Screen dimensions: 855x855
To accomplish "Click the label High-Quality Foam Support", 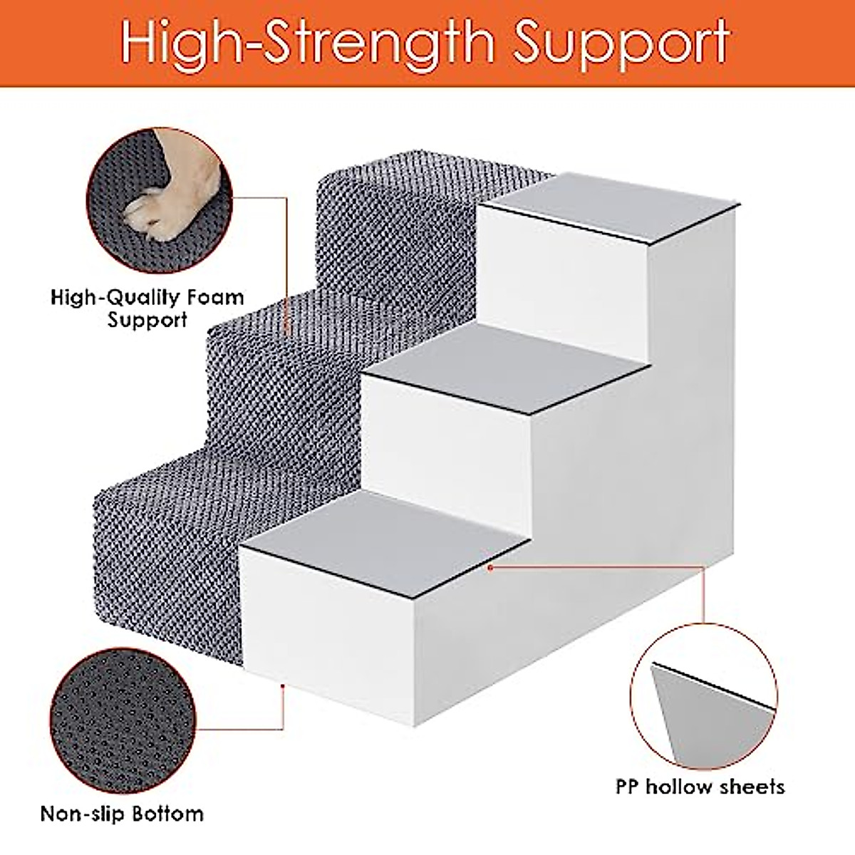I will click(147, 308).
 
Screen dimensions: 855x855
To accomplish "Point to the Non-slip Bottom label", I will click(122, 814).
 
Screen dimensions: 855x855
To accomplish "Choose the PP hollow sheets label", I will click(700, 787).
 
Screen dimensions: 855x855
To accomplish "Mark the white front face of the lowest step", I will click(328, 627).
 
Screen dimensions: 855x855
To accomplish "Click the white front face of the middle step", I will click(449, 449).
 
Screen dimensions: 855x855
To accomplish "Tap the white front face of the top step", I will click(563, 285).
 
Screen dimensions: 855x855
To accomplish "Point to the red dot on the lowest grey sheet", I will click(490, 567).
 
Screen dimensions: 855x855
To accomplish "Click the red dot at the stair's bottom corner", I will click(283, 685).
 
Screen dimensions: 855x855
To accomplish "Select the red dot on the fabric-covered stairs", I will click(287, 330).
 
